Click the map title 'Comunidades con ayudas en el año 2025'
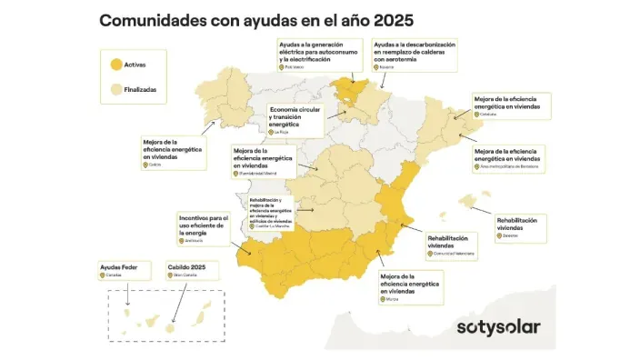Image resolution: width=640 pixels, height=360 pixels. coord(255,19)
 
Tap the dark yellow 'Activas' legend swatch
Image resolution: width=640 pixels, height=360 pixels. coord(115,65)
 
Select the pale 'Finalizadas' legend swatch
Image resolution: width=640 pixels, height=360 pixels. coord(115,90)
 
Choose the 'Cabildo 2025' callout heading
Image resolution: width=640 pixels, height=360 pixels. coord(186,266)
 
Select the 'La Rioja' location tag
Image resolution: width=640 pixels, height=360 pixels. coord(280,132)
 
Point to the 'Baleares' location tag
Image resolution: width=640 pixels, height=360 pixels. coord(509,235)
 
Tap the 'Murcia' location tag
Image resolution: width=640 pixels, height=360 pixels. coord(392,298)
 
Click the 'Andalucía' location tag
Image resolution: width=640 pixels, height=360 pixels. coord(193,241)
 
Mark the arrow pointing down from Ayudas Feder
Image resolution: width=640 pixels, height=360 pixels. coord(126,292)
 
